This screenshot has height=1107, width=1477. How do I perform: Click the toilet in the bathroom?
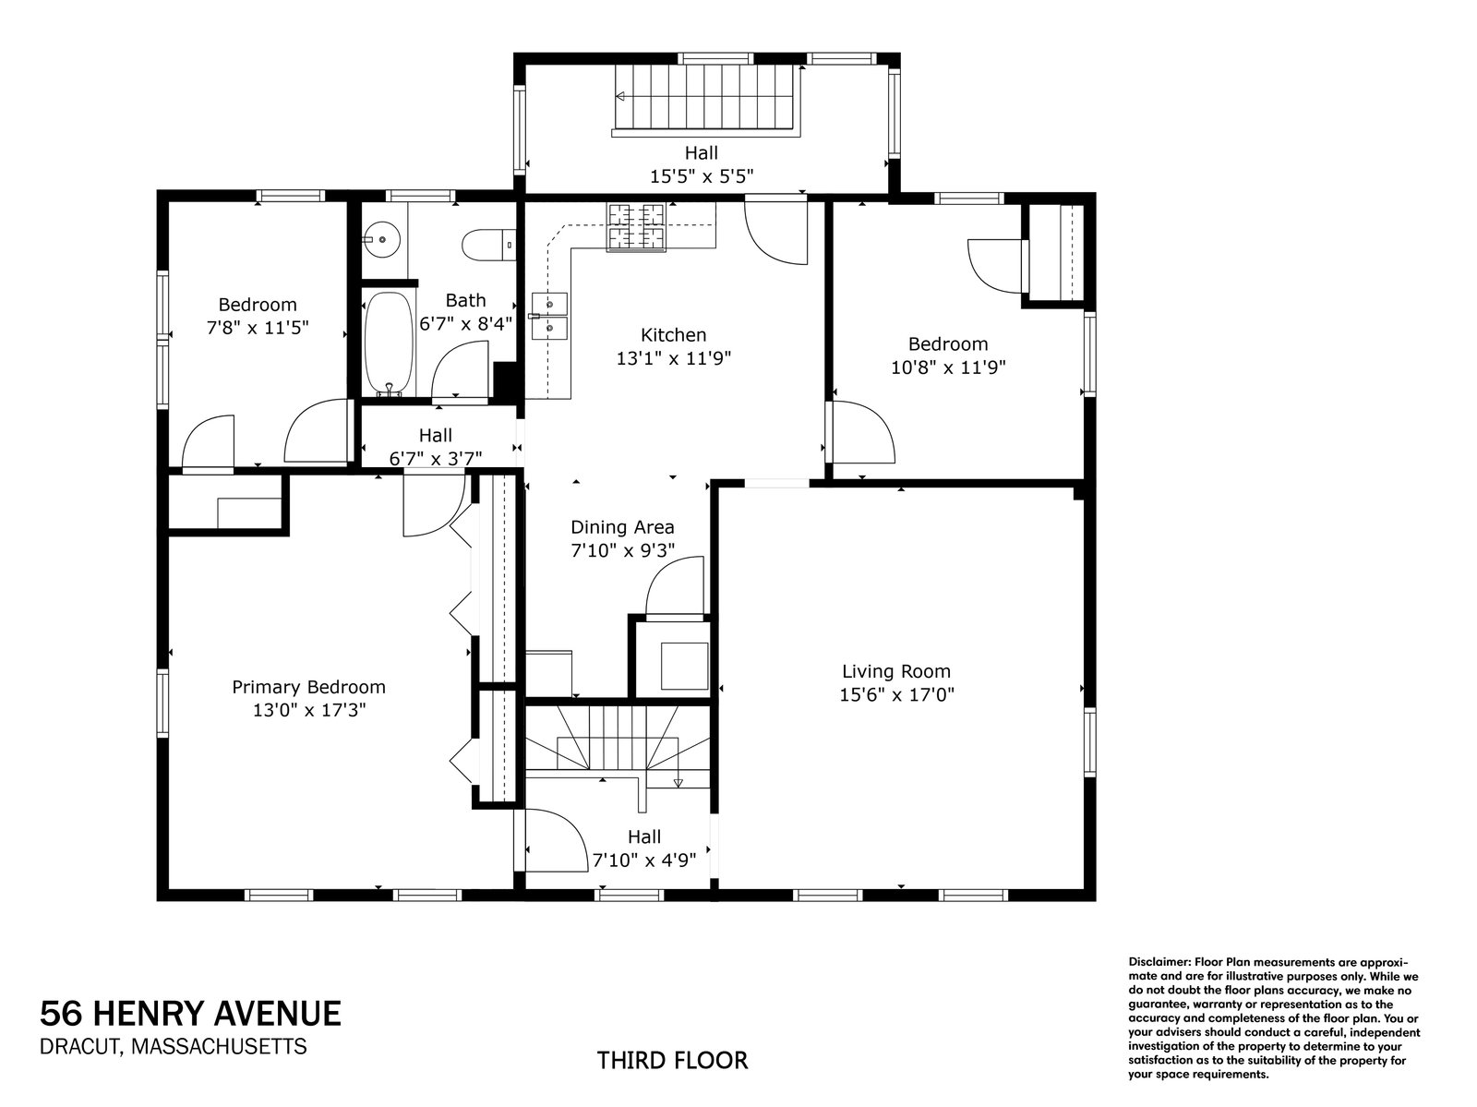[488, 245]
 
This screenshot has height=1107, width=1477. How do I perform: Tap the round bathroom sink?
[381, 239]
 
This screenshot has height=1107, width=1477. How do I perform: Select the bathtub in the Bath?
[389, 343]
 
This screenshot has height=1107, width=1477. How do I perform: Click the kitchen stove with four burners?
[636, 227]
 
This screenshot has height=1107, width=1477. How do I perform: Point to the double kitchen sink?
[550, 316]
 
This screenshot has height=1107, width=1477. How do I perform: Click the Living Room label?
[896, 671]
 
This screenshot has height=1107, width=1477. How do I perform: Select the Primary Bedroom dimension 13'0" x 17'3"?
[309, 710]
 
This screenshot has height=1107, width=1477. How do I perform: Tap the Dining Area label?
[622, 527]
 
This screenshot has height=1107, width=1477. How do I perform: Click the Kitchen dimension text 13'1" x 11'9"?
[674, 358]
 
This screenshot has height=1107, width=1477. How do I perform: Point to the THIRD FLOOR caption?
[672, 1061]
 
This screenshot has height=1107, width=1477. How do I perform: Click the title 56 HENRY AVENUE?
[190, 1014]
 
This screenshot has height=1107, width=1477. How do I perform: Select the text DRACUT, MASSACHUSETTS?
[173, 1046]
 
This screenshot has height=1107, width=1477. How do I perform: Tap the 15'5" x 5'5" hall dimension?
[702, 176]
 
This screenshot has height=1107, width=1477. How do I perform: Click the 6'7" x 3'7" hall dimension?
[436, 458]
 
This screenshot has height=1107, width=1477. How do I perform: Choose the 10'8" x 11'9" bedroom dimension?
[948, 367]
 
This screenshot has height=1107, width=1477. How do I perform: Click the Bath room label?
[465, 300]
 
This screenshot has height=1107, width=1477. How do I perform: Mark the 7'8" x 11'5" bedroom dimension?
[257, 328]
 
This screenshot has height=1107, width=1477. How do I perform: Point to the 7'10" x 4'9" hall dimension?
[644, 860]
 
